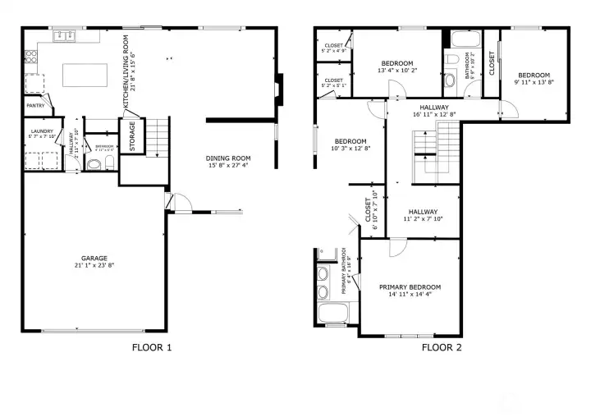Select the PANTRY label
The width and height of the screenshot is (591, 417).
coord(35,106)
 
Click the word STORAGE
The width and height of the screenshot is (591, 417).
coord(131,136)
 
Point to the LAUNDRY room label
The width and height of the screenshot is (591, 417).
coord(40,131)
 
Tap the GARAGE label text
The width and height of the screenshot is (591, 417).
coord(94,257)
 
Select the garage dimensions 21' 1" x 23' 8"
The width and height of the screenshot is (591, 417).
coord(94,265)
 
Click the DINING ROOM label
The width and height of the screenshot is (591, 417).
coord(227,158)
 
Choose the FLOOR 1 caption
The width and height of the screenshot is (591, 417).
coord(152,347)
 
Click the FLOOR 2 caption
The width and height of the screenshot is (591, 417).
coord(442,347)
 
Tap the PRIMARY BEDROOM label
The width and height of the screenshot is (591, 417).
coord(410,287)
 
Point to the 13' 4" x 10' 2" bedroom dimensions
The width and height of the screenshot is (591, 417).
coord(397,71)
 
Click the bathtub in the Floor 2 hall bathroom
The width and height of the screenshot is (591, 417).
coord(463,39)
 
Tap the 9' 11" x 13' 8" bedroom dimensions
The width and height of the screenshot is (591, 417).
coord(534,81)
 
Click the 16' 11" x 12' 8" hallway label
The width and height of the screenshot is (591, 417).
coord(434,115)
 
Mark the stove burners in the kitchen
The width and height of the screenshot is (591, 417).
coord(32,57)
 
